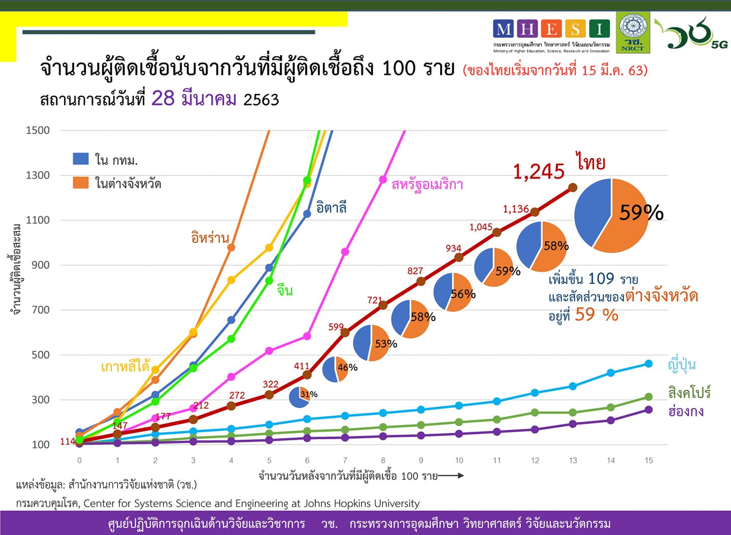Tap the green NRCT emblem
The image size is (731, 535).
click(633, 32)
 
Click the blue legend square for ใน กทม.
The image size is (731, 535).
click(81, 159)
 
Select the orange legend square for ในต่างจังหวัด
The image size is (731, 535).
click(81, 183)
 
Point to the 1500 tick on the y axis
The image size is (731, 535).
click(38, 130)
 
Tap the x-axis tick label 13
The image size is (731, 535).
click(573, 460)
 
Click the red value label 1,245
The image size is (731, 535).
click(539, 172)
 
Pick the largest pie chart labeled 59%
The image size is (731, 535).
click(612, 216)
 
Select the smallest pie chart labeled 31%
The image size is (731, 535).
click(300, 397)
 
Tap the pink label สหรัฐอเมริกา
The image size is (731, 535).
click(427, 185)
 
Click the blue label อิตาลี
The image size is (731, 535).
click(331, 207)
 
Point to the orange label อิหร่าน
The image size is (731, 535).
click(210, 237)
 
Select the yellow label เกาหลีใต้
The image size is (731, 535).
click(125, 366)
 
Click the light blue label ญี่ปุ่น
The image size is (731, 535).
click(681, 365)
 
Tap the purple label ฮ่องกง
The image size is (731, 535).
click(686, 411)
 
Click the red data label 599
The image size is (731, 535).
click(336, 327)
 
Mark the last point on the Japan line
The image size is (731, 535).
click(648, 364)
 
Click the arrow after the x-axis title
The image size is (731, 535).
click(451, 476)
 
